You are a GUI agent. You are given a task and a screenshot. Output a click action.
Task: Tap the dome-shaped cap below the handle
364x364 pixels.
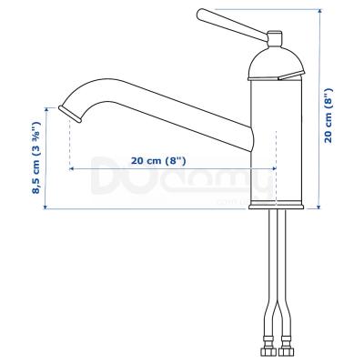tap(274, 62)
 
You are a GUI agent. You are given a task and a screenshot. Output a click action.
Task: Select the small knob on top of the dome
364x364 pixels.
tap(274, 38)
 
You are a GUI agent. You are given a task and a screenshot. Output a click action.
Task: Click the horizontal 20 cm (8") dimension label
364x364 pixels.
tap(158, 160)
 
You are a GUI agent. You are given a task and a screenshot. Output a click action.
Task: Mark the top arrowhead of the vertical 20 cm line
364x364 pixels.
tap(320, 12)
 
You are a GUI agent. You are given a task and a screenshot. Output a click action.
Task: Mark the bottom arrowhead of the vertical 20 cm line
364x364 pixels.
tap(320, 207)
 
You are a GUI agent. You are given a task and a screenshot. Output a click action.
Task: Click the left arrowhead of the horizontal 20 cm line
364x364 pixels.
tap(71, 169)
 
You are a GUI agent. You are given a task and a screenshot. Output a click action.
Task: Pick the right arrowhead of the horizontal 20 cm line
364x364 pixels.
tap(272, 169)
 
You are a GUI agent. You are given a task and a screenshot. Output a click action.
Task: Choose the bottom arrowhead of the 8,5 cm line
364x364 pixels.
tap(46, 207)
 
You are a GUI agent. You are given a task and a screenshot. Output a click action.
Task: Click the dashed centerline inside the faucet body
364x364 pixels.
tap(274, 136)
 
